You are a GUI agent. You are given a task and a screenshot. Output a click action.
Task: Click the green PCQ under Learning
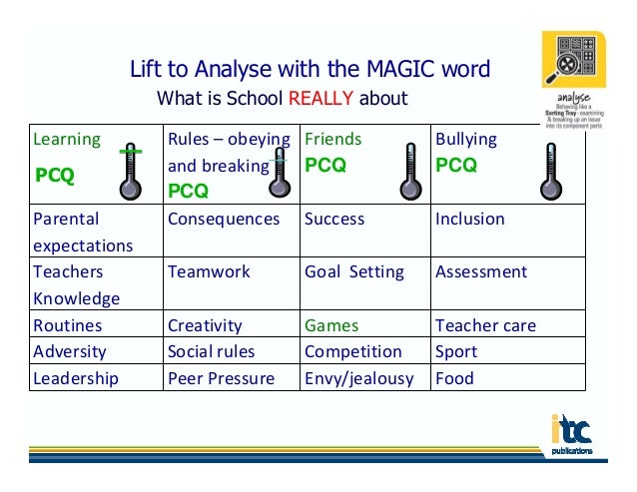55,177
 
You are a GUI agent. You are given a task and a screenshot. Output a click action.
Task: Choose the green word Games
331,325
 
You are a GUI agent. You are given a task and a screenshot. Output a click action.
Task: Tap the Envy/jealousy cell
360,378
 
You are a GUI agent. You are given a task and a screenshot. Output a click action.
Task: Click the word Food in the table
454,378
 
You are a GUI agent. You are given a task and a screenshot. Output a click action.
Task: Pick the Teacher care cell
485,325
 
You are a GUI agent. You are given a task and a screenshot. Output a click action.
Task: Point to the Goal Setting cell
354,271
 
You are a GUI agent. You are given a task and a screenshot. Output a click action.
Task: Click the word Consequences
224,219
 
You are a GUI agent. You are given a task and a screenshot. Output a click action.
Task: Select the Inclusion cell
470,219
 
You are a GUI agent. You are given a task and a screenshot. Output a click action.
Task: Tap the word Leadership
76,378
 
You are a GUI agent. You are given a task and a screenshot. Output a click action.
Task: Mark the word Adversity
69,351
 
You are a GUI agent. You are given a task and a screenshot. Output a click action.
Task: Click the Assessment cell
481,271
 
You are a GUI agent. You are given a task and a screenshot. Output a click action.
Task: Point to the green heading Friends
332,139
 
